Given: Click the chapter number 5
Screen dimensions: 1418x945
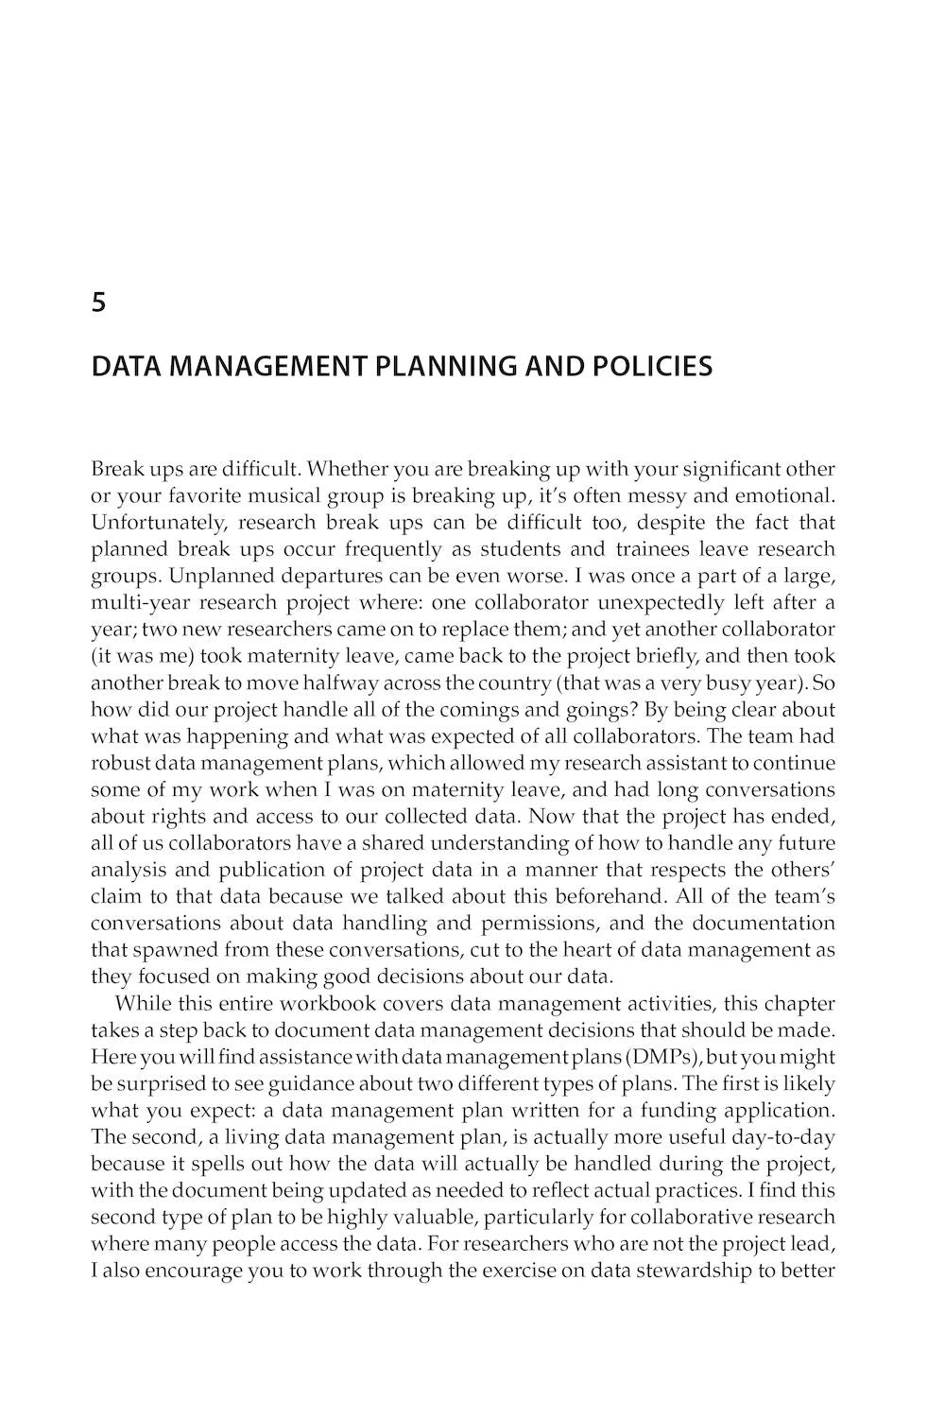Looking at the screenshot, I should (98, 303).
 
